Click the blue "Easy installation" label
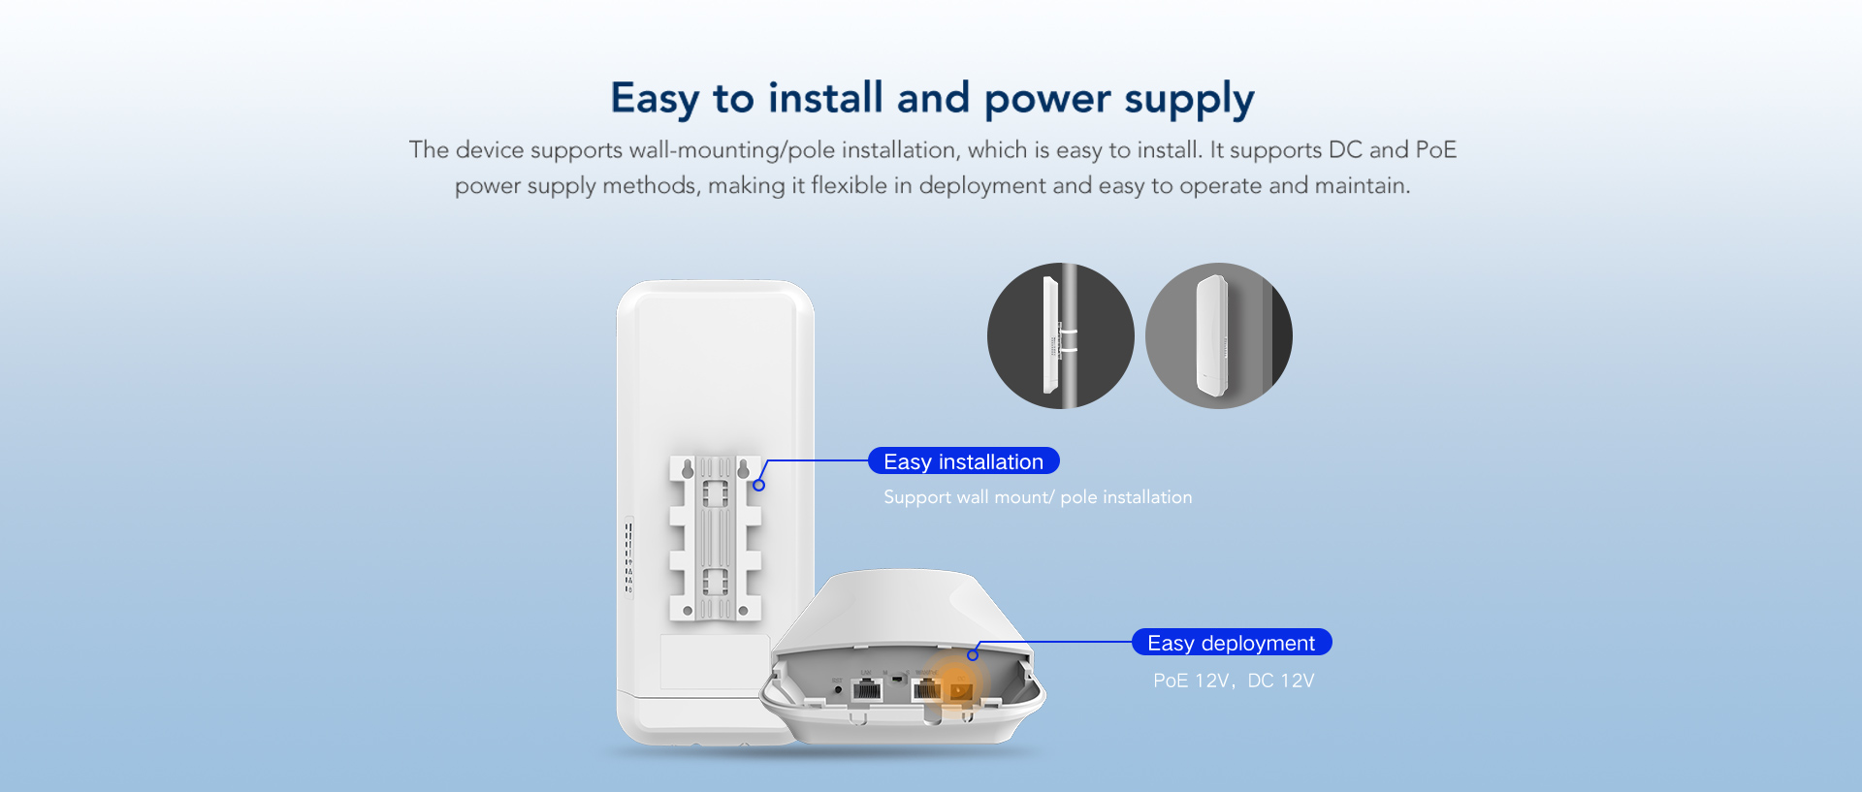tap(964, 461)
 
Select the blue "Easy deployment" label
tap(1232, 643)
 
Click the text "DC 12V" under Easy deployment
tap(1281, 681)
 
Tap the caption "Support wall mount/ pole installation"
tap(1038, 497)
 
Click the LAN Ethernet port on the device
tap(866, 689)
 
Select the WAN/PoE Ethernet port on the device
tap(926, 689)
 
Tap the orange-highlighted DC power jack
tap(960, 690)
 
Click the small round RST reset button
tap(838, 689)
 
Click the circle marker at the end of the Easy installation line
tap(759, 485)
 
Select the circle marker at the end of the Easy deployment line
tap(973, 655)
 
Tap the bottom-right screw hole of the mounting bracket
tap(743, 611)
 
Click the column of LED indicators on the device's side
tap(628, 557)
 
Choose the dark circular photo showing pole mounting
tap(1061, 335)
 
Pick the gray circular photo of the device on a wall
tap(1219, 335)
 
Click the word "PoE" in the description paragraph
tap(1436, 150)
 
